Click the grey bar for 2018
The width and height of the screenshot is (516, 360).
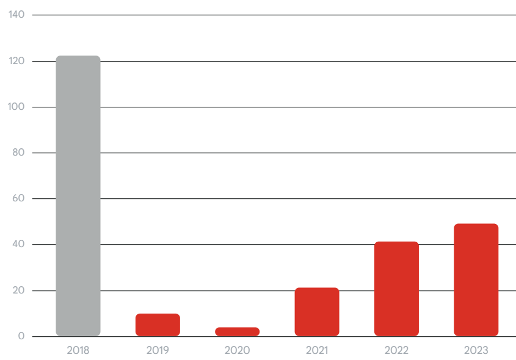78,196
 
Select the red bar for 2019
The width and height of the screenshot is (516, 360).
158,325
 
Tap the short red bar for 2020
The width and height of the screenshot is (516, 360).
237,332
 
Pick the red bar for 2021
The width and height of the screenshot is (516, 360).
316,312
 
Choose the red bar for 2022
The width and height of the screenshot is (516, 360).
396,289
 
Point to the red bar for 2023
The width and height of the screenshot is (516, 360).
476,279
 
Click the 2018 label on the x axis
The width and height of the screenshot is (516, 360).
78,350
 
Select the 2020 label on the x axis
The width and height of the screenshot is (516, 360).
237,350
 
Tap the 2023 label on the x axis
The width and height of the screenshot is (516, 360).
476,350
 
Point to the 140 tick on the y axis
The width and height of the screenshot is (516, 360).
16,15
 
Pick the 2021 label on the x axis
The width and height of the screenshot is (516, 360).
316,350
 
